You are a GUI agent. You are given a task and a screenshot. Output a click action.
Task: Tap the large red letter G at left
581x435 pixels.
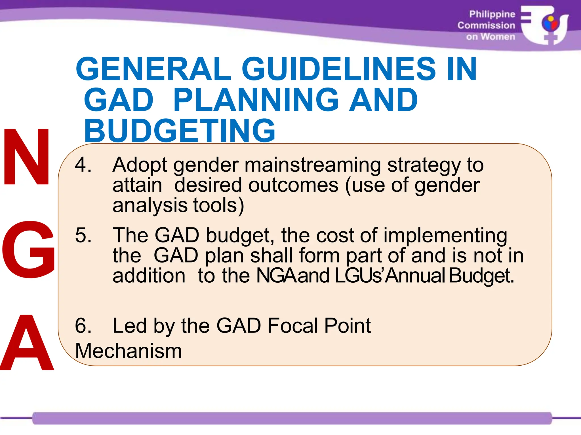[28, 249]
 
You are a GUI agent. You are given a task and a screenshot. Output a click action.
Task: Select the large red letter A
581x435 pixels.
[27, 343]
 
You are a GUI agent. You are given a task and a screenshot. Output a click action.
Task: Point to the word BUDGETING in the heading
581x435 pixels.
[180, 131]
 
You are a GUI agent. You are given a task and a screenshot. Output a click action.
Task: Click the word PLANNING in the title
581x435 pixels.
[255, 100]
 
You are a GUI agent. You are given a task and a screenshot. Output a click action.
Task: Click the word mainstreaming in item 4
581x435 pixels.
[312, 165]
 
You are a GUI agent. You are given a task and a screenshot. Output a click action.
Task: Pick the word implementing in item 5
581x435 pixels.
[445, 236]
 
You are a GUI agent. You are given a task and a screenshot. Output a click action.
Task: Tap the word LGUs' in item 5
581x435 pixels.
[359, 275]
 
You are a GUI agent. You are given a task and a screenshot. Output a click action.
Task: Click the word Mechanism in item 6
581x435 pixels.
[128, 351]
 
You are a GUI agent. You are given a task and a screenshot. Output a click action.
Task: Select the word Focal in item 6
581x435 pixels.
[292, 326]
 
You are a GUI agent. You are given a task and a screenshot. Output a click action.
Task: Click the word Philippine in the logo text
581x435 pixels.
[492, 14]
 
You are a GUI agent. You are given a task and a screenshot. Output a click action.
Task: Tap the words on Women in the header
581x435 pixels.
[491, 37]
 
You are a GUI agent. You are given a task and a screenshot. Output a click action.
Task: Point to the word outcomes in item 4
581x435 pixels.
[293, 185]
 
